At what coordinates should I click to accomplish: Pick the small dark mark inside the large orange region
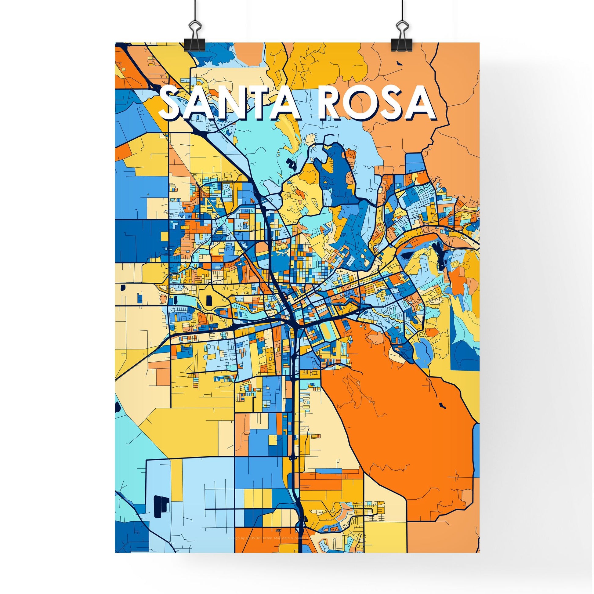(x=442, y=405)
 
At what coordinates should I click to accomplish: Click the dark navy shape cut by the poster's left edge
(x=117, y=407)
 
